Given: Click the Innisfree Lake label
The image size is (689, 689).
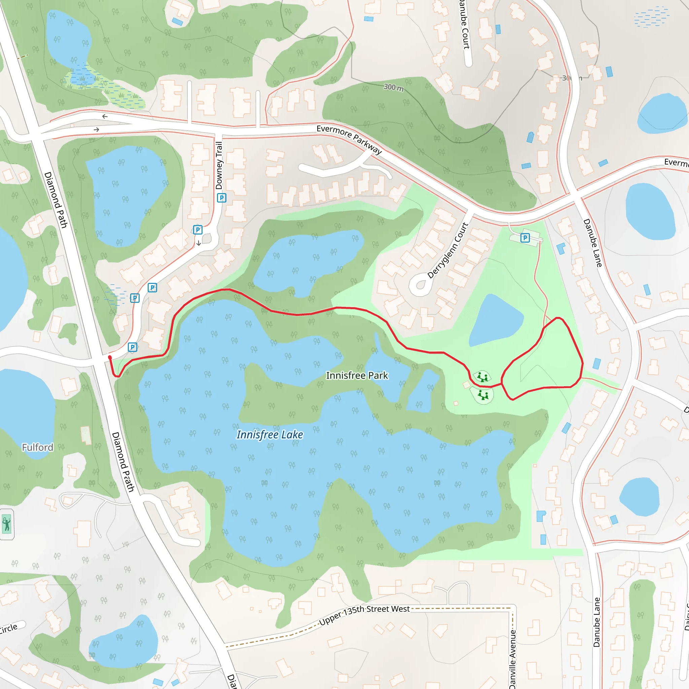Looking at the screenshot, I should [270, 435].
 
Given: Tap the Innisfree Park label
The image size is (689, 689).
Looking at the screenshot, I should [357, 375].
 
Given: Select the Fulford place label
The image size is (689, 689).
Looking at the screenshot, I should [37, 447].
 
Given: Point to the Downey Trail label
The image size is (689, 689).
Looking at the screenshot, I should [219, 166].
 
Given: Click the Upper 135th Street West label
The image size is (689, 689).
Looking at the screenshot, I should [364, 615].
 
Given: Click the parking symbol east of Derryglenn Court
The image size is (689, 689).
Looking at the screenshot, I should [525, 238].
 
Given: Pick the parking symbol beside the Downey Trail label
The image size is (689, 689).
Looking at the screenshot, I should [221, 197].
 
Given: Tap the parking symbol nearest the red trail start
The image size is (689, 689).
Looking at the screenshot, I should [132, 347].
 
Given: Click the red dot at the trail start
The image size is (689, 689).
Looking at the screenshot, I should [110, 357].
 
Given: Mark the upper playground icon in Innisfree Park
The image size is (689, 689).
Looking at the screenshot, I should [482, 376].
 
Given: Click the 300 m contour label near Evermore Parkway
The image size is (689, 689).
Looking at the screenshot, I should [394, 87].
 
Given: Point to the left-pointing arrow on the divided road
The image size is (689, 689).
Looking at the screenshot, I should [105, 117].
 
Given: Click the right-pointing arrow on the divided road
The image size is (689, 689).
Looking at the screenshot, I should [96, 130].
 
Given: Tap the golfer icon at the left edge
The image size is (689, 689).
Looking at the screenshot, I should [6, 524].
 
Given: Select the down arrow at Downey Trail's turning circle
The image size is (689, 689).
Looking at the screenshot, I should [198, 243].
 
